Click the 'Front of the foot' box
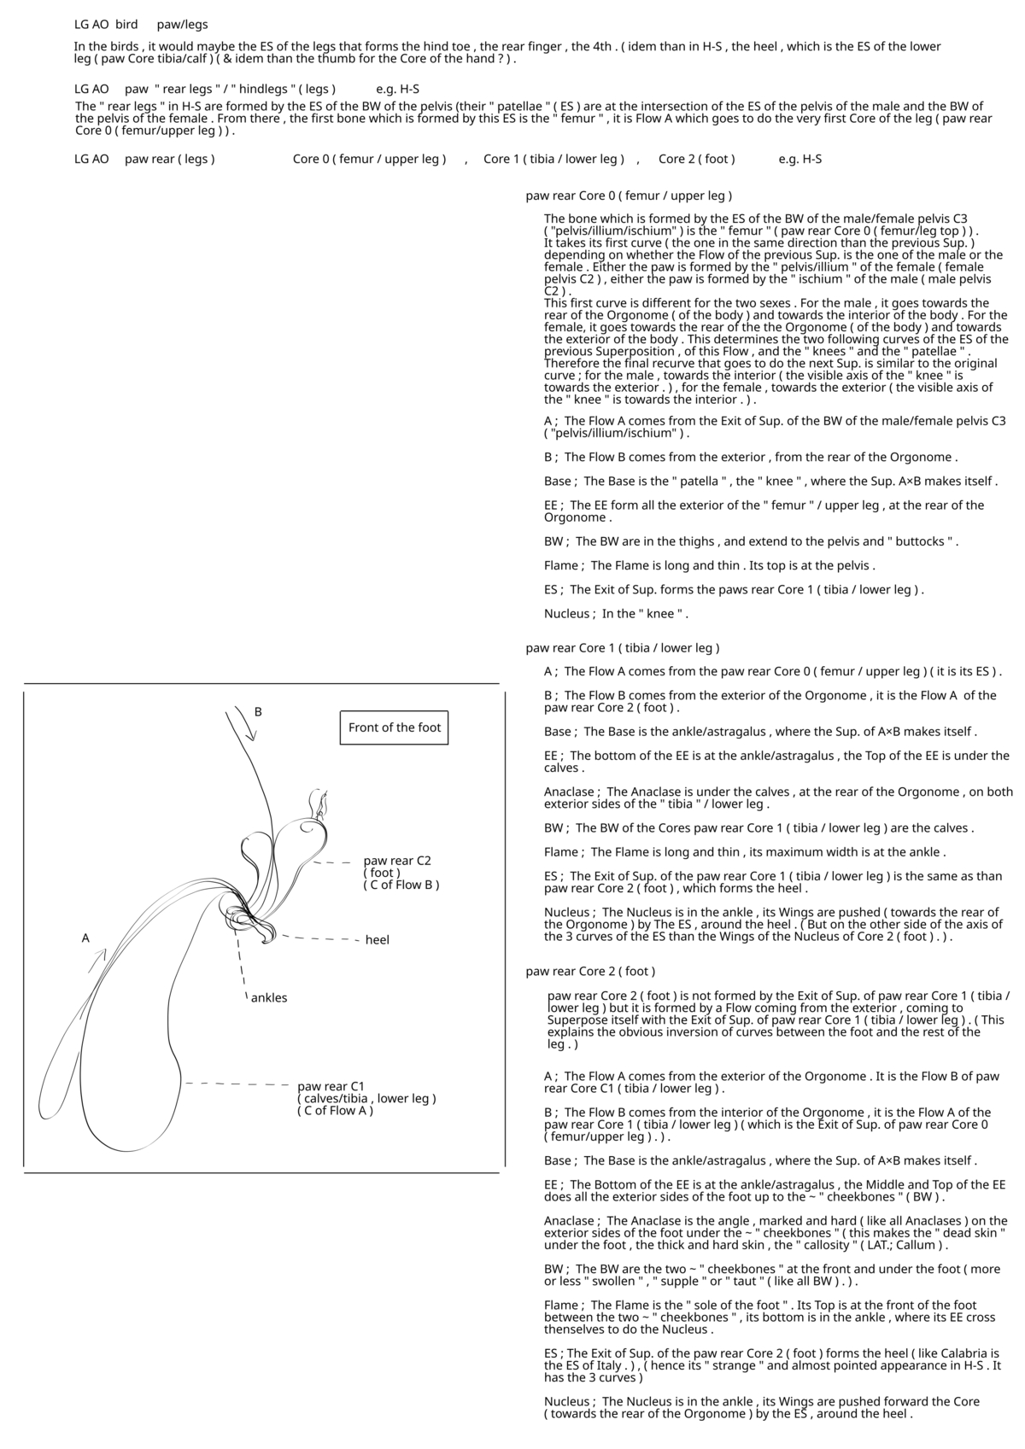[x=394, y=727]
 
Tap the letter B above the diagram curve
[x=258, y=711]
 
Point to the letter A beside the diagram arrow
[x=85, y=938]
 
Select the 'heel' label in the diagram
[x=377, y=940]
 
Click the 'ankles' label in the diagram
[x=269, y=997]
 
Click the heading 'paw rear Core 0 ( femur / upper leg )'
[x=629, y=196]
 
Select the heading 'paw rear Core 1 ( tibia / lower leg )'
[x=623, y=648]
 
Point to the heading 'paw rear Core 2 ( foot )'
[x=590, y=971]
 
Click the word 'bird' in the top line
[x=126, y=25]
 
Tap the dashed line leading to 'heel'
[x=320, y=939]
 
